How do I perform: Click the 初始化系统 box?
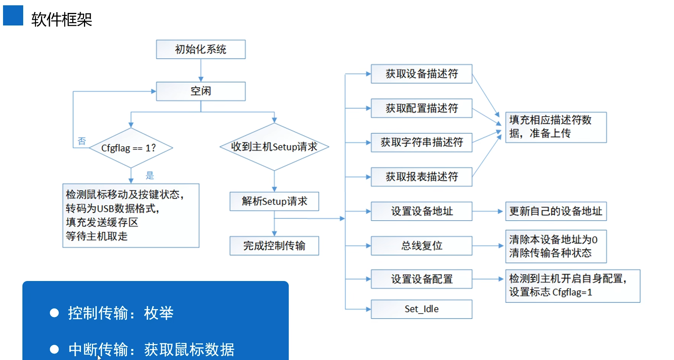click(x=201, y=49)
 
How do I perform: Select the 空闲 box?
click(x=201, y=91)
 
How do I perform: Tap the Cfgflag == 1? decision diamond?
click(x=131, y=148)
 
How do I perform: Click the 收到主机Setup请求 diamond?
click(x=274, y=147)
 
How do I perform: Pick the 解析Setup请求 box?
click(x=274, y=201)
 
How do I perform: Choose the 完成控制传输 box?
click(x=274, y=246)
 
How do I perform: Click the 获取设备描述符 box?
click(x=421, y=74)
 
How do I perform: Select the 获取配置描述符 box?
click(x=421, y=108)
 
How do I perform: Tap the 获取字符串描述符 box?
click(x=421, y=142)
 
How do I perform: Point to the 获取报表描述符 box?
click(x=421, y=177)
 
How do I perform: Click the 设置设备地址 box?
click(x=421, y=211)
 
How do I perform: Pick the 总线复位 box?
click(x=421, y=246)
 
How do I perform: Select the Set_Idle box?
click(x=421, y=309)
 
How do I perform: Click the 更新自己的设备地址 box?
click(x=555, y=211)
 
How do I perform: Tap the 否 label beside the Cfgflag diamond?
click(x=82, y=141)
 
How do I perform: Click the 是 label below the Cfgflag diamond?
click(x=150, y=175)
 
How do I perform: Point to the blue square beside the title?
click(x=13, y=15)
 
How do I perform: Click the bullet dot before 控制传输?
click(x=54, y=313)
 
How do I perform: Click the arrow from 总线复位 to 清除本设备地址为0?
click(x=488, y=246)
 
